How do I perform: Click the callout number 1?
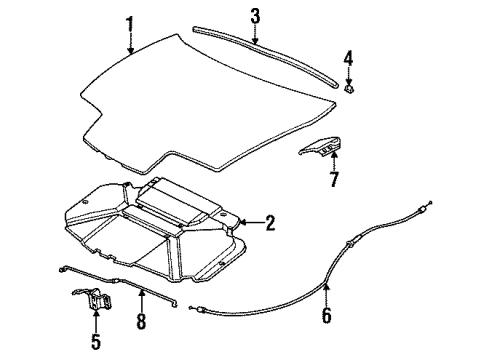coord(130,21)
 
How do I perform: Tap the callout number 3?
coord(255,15)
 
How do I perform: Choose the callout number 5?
coord(97,342)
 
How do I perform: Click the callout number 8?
coord(141,321)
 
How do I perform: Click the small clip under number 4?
coord(348,89)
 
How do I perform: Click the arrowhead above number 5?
coord(97,318)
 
